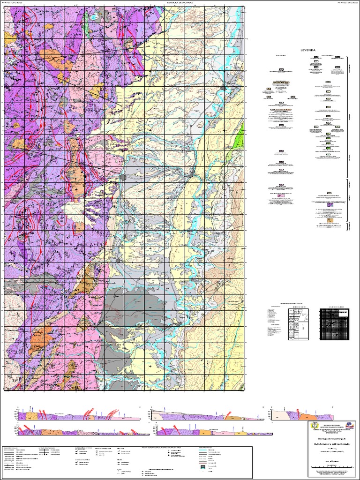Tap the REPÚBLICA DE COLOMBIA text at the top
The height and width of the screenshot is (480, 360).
click(x=180, y=3)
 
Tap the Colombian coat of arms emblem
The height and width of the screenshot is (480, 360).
click(x=313, y=425)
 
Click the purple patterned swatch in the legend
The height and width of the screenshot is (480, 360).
click(x=331, y=205)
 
